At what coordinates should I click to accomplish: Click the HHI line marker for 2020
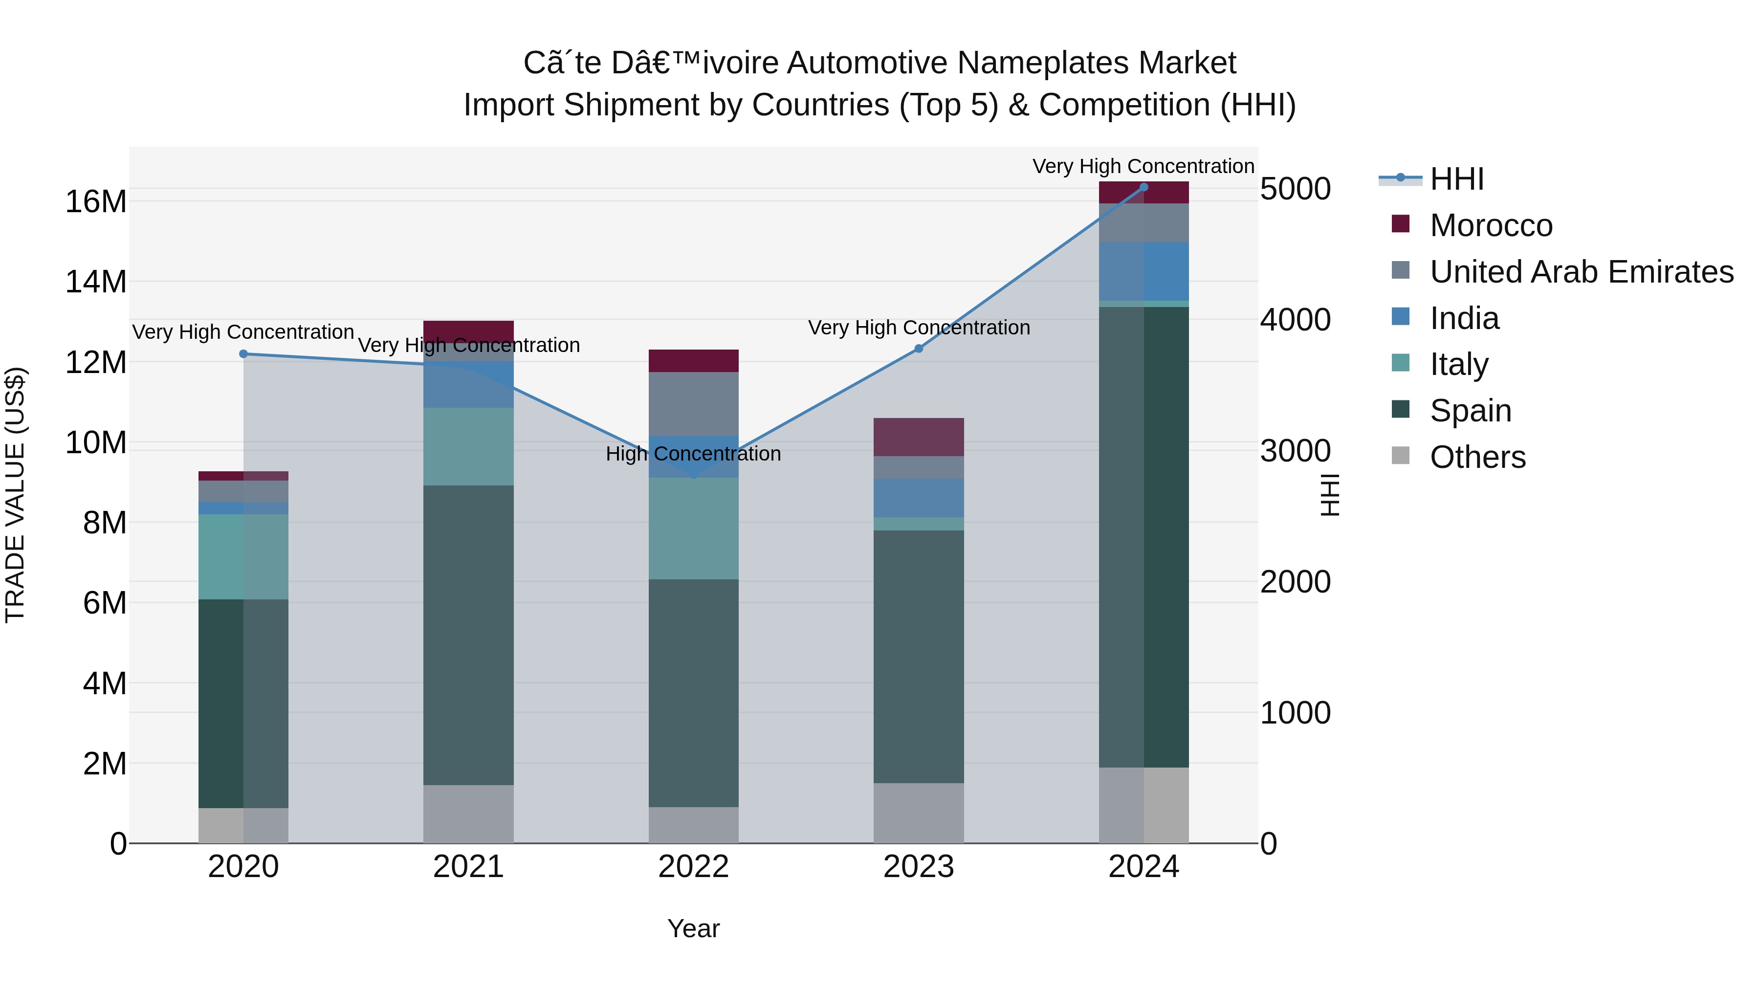[x=243, y=354]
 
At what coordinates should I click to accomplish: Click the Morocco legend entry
[x=1491, y=225]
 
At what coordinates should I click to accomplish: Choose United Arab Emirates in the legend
[x=1581, y=272]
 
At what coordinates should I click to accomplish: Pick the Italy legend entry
[x=1459, y=364]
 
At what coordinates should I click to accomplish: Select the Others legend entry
[x=1477, y=457]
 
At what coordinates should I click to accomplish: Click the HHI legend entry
[x=1457, y=179]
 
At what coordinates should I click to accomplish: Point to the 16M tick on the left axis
[x=96, y=201]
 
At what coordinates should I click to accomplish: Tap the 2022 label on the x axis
[x=693, y=867]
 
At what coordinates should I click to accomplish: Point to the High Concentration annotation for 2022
[x=693, y=454]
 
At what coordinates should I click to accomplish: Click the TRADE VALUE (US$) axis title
[x=15, y=495]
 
